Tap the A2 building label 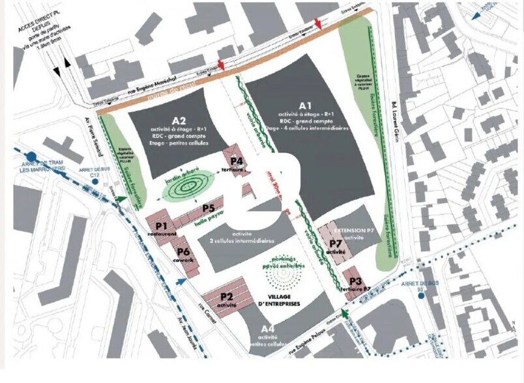click(x=179, y=121)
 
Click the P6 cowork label click(x=183, y=252)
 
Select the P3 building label click(x=356, y=281)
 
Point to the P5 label click(x=209, y=208)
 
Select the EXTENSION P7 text click(x=354, y=231)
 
